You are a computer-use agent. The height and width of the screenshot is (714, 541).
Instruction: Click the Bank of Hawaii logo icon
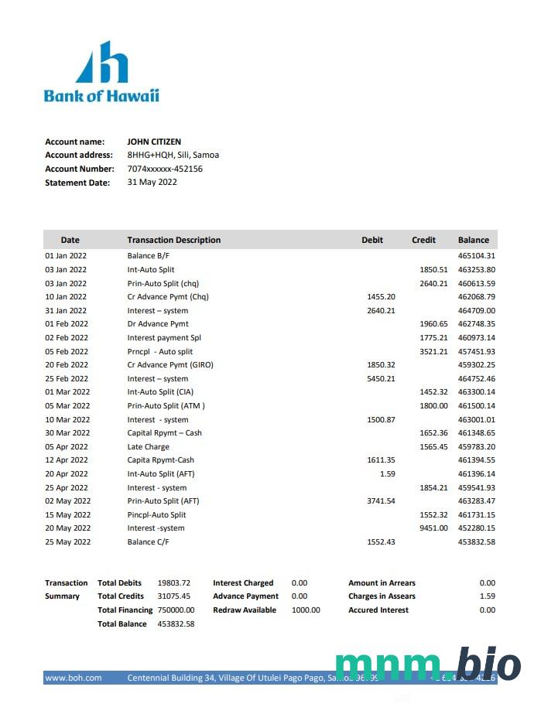coord(101,63)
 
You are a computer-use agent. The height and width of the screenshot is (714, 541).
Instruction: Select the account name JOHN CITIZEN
coord(154,142)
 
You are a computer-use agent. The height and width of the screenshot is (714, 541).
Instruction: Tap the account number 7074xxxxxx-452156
coord(165,169)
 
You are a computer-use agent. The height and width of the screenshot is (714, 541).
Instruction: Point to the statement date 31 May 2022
coord(152,183)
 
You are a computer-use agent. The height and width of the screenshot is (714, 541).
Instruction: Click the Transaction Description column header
coord(173,240)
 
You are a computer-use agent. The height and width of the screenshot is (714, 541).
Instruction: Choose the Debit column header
coord(372,240)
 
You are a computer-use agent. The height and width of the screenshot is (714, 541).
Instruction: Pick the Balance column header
coord(473,240)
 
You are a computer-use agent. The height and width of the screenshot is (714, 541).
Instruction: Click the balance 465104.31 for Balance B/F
coord(476,256)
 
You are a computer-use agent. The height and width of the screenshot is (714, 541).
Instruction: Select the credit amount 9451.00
coord(433,528)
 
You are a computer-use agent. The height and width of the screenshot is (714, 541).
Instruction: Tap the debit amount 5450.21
coord(381,379)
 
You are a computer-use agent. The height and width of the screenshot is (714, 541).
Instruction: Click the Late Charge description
coord(148,447)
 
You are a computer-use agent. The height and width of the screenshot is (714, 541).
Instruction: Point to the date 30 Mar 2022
coord(67,433)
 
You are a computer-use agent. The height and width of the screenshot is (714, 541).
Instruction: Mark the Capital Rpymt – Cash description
coord(164,433)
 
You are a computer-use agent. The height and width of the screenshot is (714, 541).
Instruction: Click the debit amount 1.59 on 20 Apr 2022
coord(387,474)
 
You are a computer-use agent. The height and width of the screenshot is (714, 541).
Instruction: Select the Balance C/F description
coord(148,542)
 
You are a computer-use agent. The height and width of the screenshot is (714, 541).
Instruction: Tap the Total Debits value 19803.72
coord(173,583)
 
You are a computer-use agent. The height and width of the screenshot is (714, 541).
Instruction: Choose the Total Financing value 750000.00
coord(176,610)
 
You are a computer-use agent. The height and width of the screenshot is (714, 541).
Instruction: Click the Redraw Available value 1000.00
coord(306,610)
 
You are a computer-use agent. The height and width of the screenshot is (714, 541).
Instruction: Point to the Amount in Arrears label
coord(382,583)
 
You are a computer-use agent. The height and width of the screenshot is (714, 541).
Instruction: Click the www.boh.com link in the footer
coord(74,678)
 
